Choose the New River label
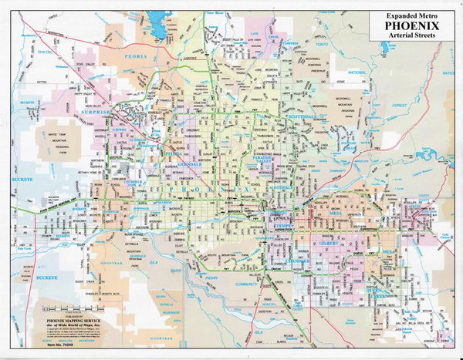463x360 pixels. point(219,13)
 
